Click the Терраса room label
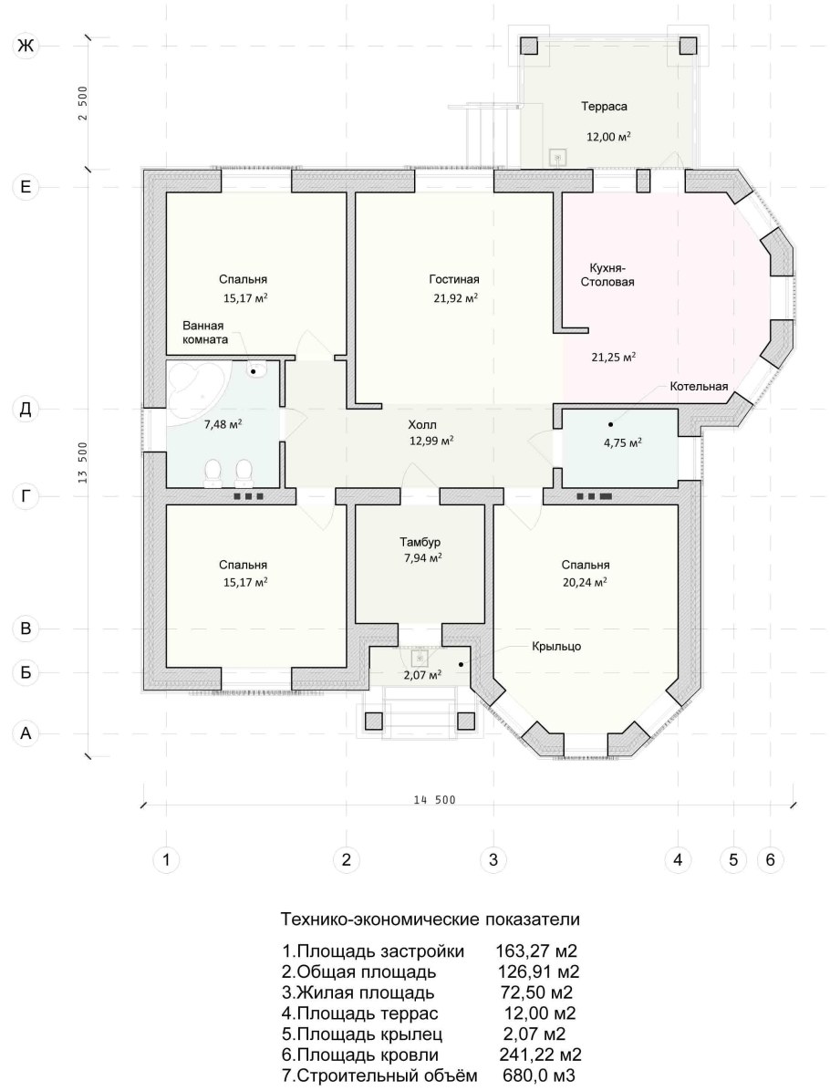[x=604, y=107]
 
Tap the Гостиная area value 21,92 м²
[x=454, y=297]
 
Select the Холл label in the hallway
[x=422, y=424]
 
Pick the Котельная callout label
[x=700, y=387]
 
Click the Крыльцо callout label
[x=556, y=647]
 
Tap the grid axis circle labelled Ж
[x=26, y=46]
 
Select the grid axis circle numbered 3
[x=493, y=860]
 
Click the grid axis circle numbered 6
[x=770, y=860]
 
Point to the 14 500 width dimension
[x=434, y=800]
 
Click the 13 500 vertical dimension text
[x=83, y=462]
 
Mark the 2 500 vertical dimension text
[x=83, y=103]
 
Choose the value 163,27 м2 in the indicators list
[x=536, y=951]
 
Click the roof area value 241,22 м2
[x=541, y=1055]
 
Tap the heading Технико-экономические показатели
[x=430, y=920]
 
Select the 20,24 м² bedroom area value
[x=586, y=582]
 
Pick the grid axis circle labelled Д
[x=26, y=409]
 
